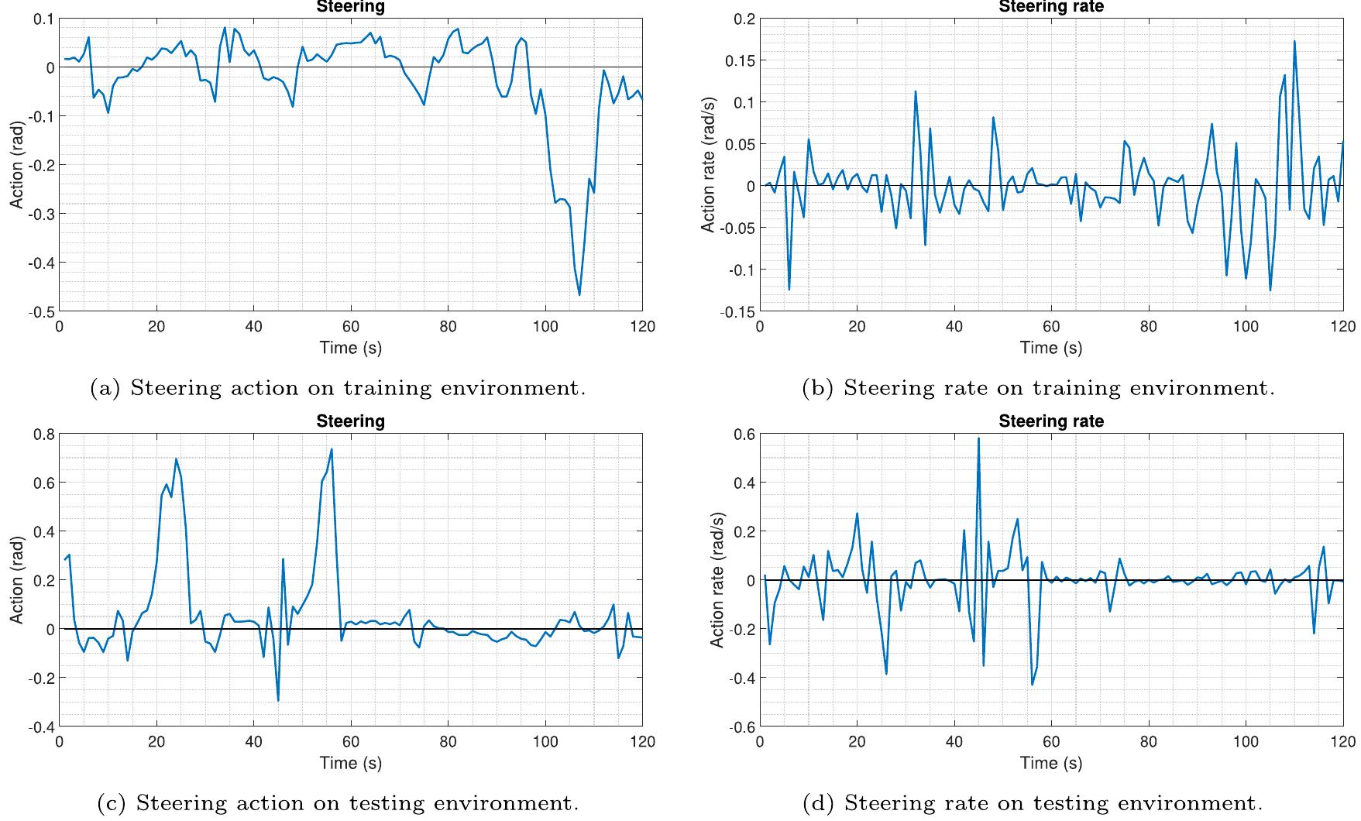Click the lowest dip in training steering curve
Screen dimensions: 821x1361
tap(579, 294)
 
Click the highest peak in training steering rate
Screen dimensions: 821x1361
tap(1294, 42)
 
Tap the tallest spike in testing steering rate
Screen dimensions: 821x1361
tap(978, 439)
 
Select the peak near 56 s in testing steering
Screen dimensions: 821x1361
tap(332, 449)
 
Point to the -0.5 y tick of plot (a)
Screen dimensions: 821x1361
tap(40, 311)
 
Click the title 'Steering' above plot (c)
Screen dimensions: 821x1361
tap(350, 421)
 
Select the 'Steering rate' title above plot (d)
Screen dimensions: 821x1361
tap(1050, 421)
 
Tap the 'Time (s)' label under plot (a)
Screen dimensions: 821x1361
tap(350, 348)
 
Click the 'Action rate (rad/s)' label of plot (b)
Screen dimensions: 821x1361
tap(707, 165)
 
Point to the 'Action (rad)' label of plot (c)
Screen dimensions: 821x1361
tap(16, 581)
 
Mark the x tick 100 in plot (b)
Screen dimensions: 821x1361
tap(1246, 327)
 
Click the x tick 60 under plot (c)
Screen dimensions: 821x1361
tap(351, 742)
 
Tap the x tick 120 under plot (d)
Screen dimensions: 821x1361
tap(1342, 742)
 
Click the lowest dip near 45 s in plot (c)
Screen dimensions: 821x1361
tap(278, 700)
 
